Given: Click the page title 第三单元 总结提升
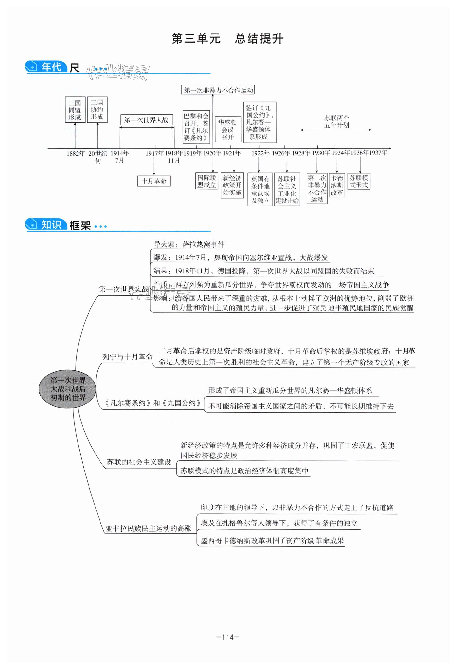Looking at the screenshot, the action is pos(228,39).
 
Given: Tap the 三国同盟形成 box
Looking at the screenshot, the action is pos(75,110).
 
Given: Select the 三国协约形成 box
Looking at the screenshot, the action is pos(97,109).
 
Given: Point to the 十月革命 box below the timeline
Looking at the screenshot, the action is pos(154,181).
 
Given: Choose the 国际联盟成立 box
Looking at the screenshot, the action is pos(206,181).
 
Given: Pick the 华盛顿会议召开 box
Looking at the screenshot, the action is pos(228,130).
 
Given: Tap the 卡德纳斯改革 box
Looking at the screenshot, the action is pos(337,185).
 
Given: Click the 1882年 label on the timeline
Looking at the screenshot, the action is pos(76,153).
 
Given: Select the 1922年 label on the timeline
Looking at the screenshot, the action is pos(260,153).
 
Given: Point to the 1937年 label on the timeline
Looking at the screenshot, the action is pos(378,153).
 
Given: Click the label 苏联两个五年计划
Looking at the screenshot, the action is pos(336,121).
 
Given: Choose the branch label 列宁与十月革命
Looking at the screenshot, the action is pos(128,357).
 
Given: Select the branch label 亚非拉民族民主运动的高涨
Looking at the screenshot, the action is pos(149,528).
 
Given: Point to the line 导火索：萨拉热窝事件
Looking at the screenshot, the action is pos(189,244).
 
